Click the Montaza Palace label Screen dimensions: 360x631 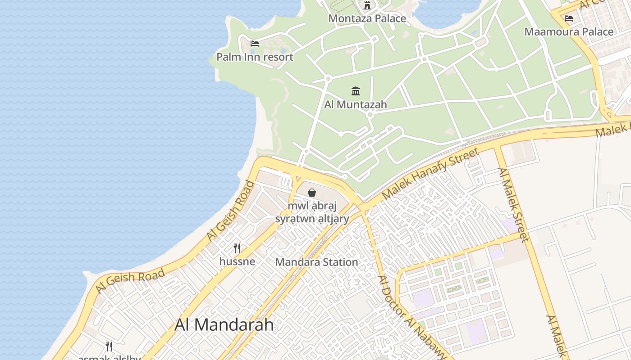367,18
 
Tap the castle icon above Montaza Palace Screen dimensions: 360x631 367,6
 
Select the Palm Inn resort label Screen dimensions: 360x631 255,57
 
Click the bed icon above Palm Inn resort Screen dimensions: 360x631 255,44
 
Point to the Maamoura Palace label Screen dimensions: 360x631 569,32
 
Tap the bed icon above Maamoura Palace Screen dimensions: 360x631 569,18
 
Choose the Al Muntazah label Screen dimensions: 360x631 356,104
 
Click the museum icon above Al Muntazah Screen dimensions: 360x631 356,91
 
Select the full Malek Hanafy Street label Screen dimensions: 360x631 430,173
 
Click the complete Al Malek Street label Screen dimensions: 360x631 513,205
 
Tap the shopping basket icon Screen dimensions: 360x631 312,193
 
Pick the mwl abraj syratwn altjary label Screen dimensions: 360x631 312,212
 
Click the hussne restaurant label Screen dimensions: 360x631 237,261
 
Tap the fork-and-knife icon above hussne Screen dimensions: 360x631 237,248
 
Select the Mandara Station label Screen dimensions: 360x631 316,262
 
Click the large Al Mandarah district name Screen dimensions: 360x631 224,324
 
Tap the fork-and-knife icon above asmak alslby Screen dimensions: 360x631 109,346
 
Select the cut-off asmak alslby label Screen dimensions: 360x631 110,357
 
